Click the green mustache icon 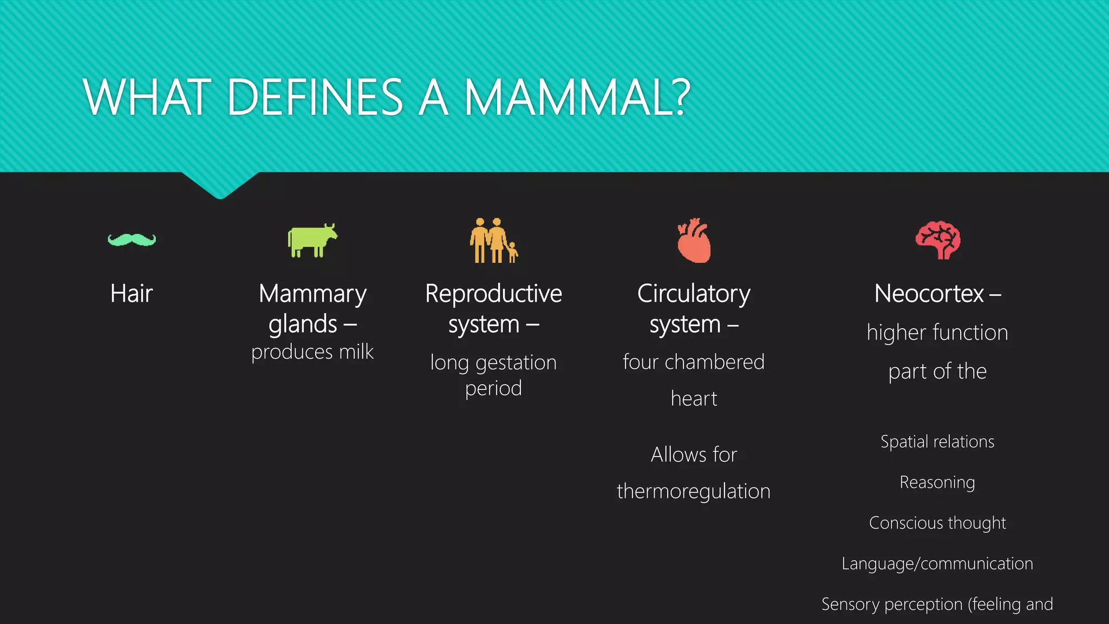[x=132, y=239]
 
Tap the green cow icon [x=311, y=240]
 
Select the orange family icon [x=493, y=240]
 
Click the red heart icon [x=694, y=241]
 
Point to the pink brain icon [x=938, y=240]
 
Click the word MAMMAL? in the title [x=577, y=97]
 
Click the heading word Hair [x=132, y=294]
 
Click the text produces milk [x=312, y=352]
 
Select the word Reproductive [x=493, y=294]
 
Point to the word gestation [x=516, y=363]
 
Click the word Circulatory [x=694, y=294]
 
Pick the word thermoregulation [x=694, y=491]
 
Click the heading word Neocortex [x=929, y=294]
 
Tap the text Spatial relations [x=937, y=441]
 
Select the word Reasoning [x=937, y=482]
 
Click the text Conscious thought [x=937, y=523]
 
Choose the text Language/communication [x=937, y=563]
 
